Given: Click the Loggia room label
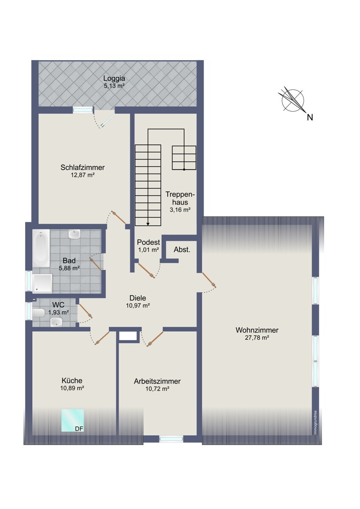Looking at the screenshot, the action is click(x=114, y=78).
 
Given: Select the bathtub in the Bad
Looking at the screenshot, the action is click(x=41, y=248).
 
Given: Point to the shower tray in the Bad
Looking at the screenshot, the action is click(x=42, y=283).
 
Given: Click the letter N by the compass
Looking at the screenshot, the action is click(x=310, y=117).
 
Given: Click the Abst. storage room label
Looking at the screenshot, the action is click(x=182, y=250).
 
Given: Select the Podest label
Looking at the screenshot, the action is click(x=149, y=242).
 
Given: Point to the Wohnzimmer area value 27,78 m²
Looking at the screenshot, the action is click(x=257, y=338).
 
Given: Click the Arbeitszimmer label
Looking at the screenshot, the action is click(x=157, y=381).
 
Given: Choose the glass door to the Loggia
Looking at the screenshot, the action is click(x=108, y=120).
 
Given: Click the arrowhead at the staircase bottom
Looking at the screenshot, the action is click(x=148, y=224).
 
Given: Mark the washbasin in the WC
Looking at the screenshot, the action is click(x=56, y=322).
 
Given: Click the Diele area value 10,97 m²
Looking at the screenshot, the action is click(x=138, y=306).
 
